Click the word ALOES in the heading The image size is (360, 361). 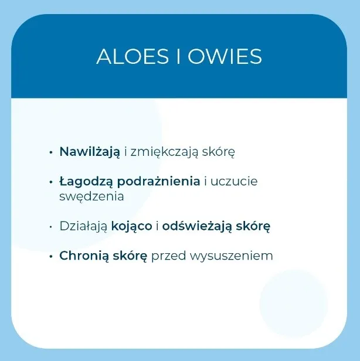click(133, 56)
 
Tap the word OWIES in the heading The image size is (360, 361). click(225, 56)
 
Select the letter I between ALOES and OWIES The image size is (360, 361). click(178, 56)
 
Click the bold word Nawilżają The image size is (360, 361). click(90, 152)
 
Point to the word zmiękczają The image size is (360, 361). click(164, 152)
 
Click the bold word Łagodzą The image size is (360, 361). click(86, 182)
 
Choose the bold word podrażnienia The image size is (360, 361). click(158, 182)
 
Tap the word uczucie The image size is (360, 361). click(234, 182)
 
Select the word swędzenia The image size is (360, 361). click(91, 197)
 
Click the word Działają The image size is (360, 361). click(84, 226)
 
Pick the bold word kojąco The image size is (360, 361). click(132, 226)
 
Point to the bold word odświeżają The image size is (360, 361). click(197, 226)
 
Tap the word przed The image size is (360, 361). click(168, 256)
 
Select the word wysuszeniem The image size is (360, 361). click(231, 257)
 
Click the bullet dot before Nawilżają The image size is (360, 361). click(51, 152)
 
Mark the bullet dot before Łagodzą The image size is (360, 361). click(51, 182)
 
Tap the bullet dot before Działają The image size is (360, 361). click(51, 227)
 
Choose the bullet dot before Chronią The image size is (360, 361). click(51, 257)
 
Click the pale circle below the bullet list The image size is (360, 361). click(294, 304)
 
